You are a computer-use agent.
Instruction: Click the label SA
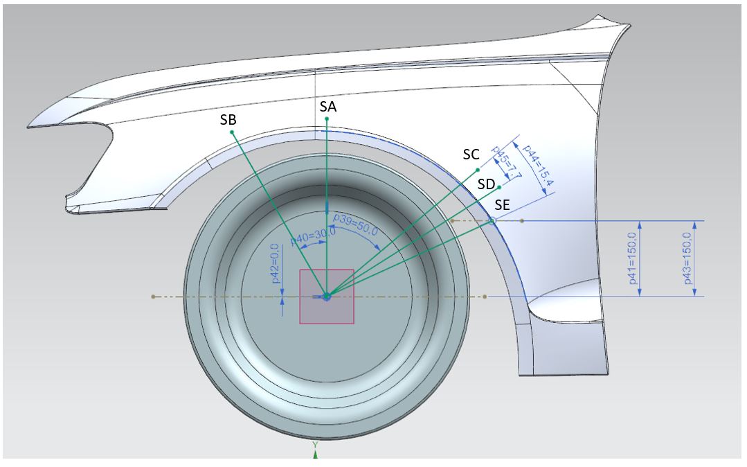tap(329, 106)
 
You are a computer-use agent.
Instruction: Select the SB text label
tap(228, 119)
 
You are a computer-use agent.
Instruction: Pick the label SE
tap(503, 205)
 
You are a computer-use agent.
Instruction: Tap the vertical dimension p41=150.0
tap(631, 258)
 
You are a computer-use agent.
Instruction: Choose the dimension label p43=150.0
tap(687, 258)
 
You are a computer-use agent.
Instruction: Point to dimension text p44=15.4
tap(538, 168)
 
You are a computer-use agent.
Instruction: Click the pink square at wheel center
tap(326, 297)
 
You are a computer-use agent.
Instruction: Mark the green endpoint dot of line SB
tap(232, 132)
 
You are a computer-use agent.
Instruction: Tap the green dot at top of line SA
tap(326, 119)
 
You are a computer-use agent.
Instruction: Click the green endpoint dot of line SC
tap(478, 169)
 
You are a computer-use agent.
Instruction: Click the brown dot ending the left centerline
tap(153, 297)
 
